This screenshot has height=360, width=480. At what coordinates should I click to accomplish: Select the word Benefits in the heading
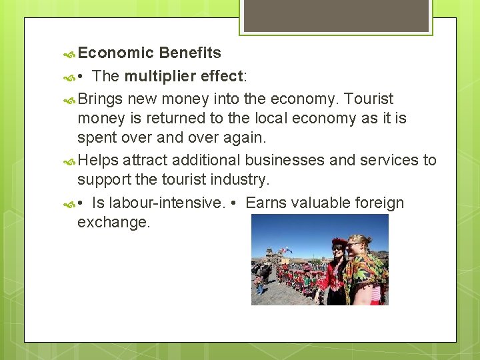[191, 53]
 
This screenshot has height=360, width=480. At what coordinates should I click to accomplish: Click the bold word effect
[221, 77]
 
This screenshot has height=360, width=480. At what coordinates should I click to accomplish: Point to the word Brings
[100, 99]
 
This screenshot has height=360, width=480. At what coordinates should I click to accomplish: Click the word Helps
[98, 160]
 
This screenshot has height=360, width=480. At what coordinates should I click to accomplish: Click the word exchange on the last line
[114, 222]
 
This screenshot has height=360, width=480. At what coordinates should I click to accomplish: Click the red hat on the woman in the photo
[340, 242]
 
